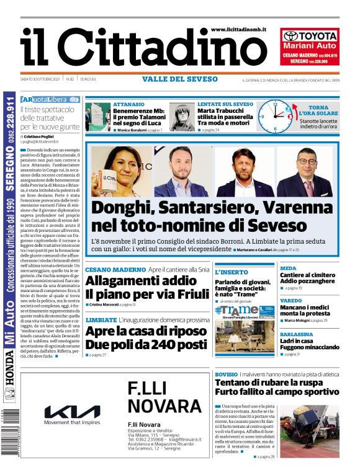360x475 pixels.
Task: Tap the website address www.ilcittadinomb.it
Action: click(238, 29)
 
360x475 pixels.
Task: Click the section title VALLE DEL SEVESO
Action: click(180, 79)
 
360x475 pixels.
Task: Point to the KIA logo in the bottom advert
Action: click(72, 412)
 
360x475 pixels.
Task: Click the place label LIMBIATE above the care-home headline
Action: click(101, 320)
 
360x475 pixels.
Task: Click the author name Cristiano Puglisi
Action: click(45, 135)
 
